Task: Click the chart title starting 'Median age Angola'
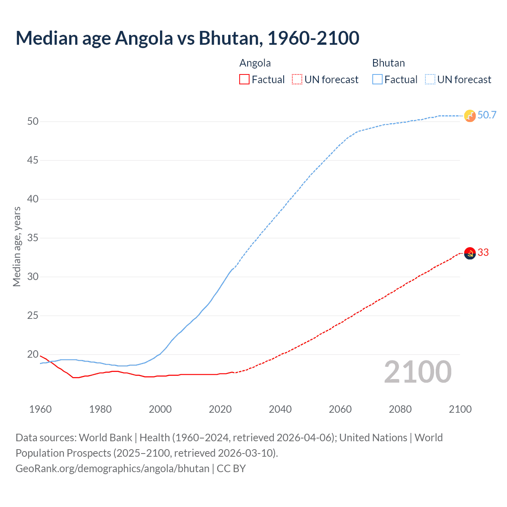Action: tap(187, 38)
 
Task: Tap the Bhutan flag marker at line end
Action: tap(469, 116)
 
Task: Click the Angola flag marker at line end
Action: tap(469, 253)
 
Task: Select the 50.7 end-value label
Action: tap(487, 115)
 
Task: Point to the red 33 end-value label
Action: tap(483, 253)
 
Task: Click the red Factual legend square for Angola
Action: tap(244, 80)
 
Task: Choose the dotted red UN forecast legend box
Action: tap(297, 80)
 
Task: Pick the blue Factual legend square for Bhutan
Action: tap(377, 80)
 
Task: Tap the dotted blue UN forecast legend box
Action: tap(430, 80)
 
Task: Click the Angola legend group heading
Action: tap(255, 63)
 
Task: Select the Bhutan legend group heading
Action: tap(388, 63)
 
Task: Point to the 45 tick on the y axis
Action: tap(33, 160)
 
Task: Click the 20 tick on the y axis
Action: tap(33, 355)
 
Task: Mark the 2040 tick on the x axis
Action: tap(280, 409)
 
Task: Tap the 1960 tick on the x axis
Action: tap(40, 409)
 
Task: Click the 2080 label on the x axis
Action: tap(400, 409)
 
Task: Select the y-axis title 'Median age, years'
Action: tap(17, 246)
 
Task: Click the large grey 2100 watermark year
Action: tap(417, 372)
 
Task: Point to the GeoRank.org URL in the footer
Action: tap(112, 469)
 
